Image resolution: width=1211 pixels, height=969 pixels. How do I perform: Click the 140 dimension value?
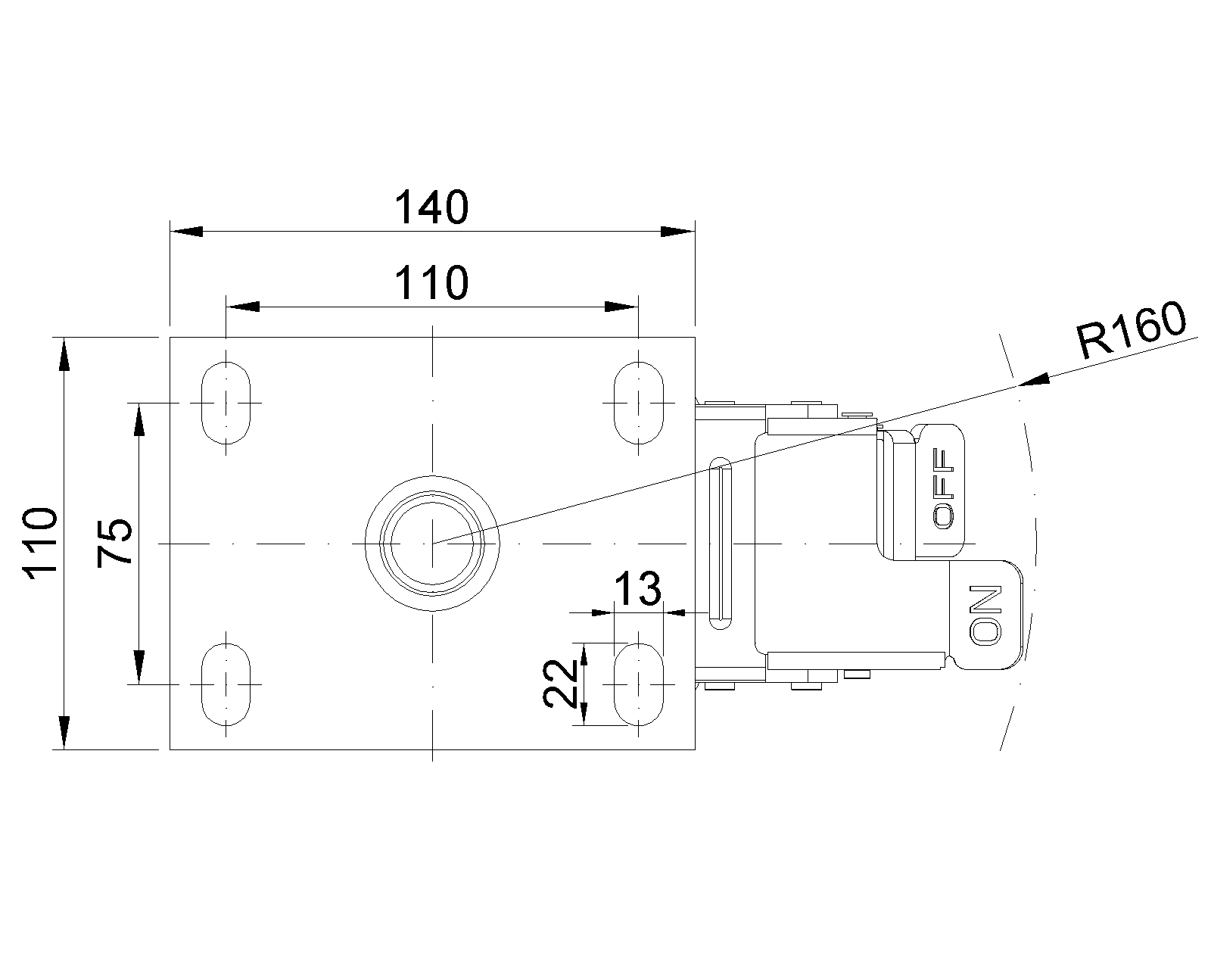pos(431,207)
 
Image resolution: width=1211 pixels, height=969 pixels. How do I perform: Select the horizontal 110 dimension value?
pos(431,282)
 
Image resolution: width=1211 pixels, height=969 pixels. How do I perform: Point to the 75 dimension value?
pos(115,543)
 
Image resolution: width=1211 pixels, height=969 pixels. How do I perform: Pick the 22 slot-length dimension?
pos(561,684)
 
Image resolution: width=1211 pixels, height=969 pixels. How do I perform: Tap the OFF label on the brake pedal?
pos(944,489)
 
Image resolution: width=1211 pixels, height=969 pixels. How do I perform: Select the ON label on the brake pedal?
pos(986,615)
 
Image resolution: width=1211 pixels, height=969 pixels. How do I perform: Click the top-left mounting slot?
pos(226,403)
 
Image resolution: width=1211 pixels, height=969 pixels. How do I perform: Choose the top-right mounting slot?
pos(638,403)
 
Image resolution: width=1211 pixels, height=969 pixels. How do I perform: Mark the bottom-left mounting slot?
pos(226,684)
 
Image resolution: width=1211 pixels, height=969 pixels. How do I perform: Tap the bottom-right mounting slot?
pos(638,684)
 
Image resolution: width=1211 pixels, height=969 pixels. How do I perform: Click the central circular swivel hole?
pos(432,544)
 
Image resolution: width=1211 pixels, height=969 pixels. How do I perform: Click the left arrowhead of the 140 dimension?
pos(186,232)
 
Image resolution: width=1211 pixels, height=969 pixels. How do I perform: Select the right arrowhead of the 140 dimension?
pos(678,232)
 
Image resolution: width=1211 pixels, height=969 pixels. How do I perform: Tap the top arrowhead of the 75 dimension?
pos(139,419)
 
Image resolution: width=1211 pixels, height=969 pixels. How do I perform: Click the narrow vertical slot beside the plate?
pos(721,544)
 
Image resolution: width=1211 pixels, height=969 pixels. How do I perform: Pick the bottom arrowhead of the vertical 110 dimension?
pos(64,733)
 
